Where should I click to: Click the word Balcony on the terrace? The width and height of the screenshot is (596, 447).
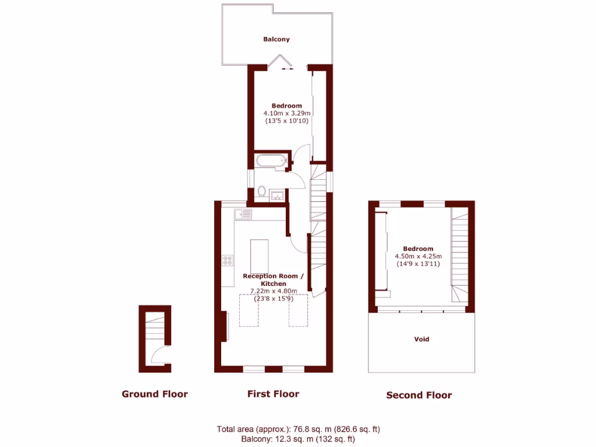pyautogui.click(x=276, y=40)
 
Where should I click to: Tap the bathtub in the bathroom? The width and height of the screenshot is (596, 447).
pyautogui.click(x=271, y=161)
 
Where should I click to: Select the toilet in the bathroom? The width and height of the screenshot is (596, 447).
pyautogui.click(x=262, y=191)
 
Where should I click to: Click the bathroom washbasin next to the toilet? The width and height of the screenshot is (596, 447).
pyautogui.click(x=278, y=194)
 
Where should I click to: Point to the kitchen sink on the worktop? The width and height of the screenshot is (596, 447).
pyautogui.click(x=243, y=215)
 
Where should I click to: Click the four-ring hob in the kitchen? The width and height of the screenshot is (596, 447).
pyautogui.click(x=227, y=262)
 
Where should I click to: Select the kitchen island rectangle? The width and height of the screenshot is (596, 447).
pyautogui.click(x=260, y=256)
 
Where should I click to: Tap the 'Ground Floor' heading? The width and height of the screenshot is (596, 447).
pyautogui.click(x=154, y=394)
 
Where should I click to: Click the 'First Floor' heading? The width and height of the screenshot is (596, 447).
pyautogui.click(x=273, y=394)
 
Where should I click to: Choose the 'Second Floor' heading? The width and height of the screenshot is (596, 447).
pyautogui.click(x=418, y=395)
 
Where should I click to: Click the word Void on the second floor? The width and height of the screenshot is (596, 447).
pyautogui.click(x=421, y=339)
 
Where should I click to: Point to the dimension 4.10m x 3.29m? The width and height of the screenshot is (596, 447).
pyautogui.click(x=286, y=113)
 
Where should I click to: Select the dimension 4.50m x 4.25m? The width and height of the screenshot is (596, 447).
pyautogui.click(x=418, y=256)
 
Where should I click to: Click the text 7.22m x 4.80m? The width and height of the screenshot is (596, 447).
pyautogui.click(x=273, y=291)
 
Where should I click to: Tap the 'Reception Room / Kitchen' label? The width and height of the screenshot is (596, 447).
pyautogui.click(x=273, y=279)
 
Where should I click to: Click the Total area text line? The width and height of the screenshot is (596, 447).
pyautogui.click(x=298, y=429)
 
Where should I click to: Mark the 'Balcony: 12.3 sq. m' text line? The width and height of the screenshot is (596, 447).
pyautogui.click(x=298, y=439)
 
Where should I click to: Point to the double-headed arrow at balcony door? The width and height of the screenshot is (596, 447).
pyautogui.click(x=287, y=69)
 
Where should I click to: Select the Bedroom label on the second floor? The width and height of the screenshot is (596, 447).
pyautogui.click(x=418, y=249)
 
